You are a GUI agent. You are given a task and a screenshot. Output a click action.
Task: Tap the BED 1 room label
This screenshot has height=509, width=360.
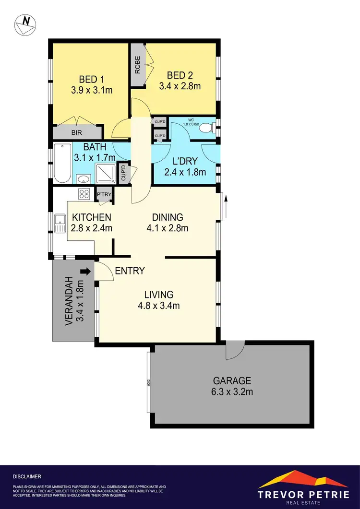90,79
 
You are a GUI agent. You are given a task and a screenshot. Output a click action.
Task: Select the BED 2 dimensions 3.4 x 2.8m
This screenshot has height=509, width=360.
180,86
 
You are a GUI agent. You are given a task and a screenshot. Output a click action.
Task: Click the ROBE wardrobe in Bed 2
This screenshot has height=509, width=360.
137,65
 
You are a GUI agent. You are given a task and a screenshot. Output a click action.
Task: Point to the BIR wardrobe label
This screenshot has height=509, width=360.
76,132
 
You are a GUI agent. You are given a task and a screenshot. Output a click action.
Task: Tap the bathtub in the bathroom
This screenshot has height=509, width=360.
62,163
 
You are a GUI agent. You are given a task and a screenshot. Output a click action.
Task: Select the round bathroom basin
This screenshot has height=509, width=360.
83,179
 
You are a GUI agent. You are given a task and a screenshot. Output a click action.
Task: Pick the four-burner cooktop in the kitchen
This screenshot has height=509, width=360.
84,194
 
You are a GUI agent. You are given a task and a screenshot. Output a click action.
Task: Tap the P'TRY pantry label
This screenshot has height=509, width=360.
104,194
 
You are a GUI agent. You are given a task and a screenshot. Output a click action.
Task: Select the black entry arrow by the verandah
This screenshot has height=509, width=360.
86,272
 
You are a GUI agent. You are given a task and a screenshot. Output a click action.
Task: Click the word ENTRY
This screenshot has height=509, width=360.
130,271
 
